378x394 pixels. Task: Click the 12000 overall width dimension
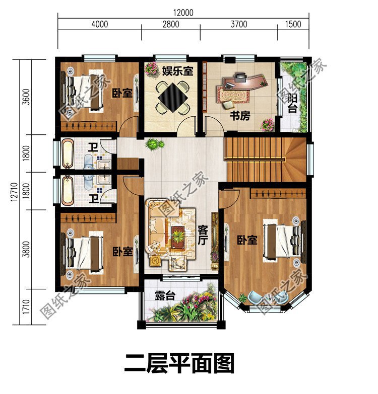coord(183,13)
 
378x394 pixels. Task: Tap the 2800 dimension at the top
coord(171,24)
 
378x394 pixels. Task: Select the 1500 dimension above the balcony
coord(293,24)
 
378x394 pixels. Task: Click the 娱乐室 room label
coord(177,71)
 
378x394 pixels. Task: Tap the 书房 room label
coord(240,116)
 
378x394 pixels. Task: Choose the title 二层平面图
coord(179,363)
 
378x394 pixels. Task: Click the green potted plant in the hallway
coord(155,145)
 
